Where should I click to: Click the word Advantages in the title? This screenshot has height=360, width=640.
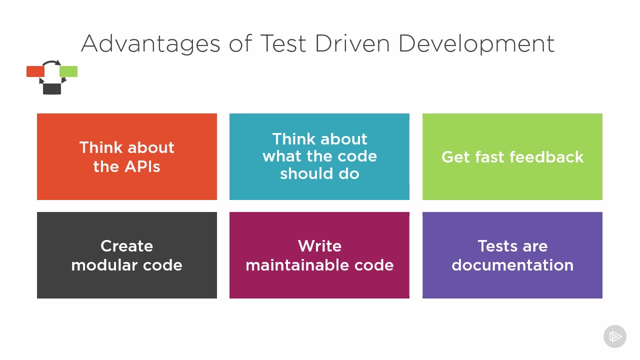(x=150, y=43)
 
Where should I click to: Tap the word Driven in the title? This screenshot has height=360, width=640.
(x=352, y=43)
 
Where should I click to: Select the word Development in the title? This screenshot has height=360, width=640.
(x=476, y=43)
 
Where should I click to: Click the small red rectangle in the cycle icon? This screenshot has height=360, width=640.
(x=35, y=71)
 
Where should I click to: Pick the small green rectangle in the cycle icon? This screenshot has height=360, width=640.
(x=68, y=71)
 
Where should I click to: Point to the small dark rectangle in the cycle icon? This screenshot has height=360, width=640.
(x=52, y=89)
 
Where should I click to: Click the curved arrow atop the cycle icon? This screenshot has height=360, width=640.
(x=51, y=62)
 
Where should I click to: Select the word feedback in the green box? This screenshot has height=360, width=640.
(x=546, y=157)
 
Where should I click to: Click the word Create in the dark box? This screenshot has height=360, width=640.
(x=126, y=245)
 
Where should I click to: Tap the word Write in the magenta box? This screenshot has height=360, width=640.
(x=319, y=245)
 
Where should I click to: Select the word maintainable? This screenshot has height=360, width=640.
(x=297, y=265)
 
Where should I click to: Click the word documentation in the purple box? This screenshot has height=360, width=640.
(x=512, y=265)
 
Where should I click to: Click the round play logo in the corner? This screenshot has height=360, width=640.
(x=615, y=336)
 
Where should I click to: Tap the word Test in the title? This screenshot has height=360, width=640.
(x=283, y=43)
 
